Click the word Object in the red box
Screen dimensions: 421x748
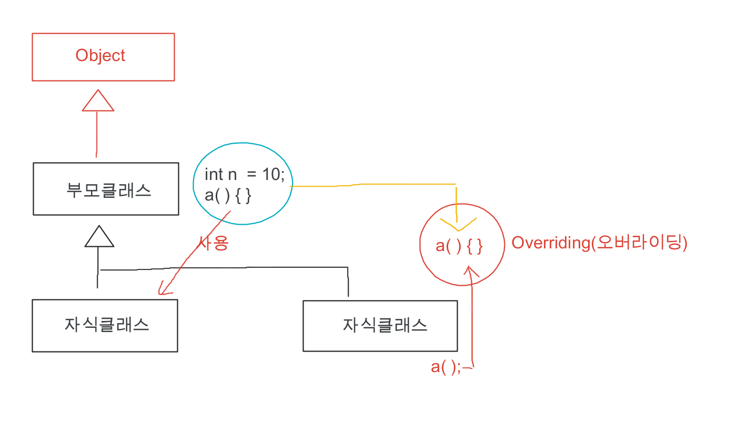pyautogui.click(x=100, y=56)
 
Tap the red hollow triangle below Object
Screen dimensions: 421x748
pyautogui.click(x=98, y=101)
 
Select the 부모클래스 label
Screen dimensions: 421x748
pyautogui.click(x=109, y=189)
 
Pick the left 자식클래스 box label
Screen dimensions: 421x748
pyautogui.click(x=107, y=324)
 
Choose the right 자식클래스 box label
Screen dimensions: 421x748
pyautogui.click(x=385, y=325)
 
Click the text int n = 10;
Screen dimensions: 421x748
pyautogui.click(x=244, y=174)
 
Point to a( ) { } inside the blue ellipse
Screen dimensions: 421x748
pyautogui.click(x=228, y=196)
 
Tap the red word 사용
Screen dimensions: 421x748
pyautogui.click(x=213, y=243)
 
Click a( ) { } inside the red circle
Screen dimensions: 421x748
pyautogui.click(x=459, y=246)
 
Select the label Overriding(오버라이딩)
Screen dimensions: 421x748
pyautogui.click(x=599, y=243)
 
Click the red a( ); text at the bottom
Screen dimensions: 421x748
pyautogui.click(x=446, y=367)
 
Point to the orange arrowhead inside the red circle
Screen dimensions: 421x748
pyautogui.click(x=458, y=225)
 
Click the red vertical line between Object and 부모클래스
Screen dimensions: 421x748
pyautogui.click(x=97, y=134)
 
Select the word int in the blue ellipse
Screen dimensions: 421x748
pyautogui.click(x=214, y=174)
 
